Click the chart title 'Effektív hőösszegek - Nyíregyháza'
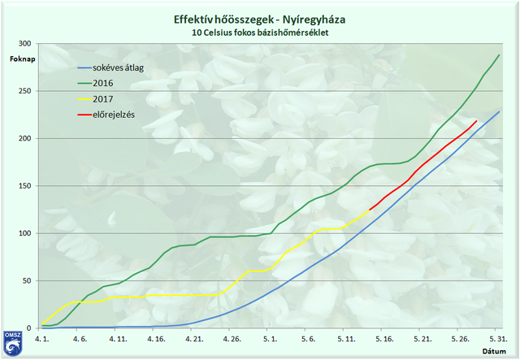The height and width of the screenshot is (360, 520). (260, 19)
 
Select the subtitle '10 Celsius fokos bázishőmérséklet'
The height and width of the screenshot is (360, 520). (260, 33)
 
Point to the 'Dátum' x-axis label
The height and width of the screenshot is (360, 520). (494, 351)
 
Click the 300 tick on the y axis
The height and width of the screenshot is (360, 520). (26, 44)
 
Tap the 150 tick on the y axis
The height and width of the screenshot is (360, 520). (26, 186)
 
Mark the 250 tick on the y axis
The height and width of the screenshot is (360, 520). (26, 91)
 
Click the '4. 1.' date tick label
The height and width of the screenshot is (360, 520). (41, 337)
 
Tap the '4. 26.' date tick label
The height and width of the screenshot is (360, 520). (232, 337)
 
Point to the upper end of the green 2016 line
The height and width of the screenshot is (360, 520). (499, 54)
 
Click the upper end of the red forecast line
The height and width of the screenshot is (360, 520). (476, 120)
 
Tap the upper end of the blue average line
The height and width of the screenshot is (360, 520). (499, 111)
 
